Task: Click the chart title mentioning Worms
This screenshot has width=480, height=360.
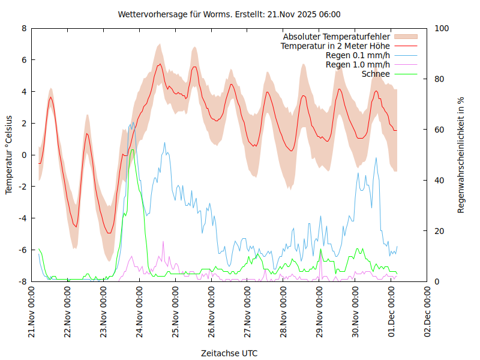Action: pyautogui.click(x=230, y=14)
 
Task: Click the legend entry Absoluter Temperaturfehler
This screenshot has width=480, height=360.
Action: pyautogui.click(x=336, y=37)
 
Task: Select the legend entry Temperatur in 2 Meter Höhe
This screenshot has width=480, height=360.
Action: pyautogui.click(x=335, y=46)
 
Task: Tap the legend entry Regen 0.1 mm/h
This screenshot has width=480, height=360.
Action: pyautogui.click(x=358, y=55)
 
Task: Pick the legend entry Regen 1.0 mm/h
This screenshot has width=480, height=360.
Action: pyautogui.click(x=358, y=64)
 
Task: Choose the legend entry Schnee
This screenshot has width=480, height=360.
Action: pyautogui.click(x=376, y=74)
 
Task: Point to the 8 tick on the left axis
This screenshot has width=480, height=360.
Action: pyautogui.click(x=24, y=28)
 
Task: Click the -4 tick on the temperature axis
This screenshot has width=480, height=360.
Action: pyautogui.click(x=22, y=218)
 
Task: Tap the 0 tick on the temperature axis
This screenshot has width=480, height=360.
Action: pyautogui.click(x=24, y=155)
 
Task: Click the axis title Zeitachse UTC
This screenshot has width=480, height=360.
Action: pyautogui.click(x=229, y=353)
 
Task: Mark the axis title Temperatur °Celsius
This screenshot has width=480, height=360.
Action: pyautogui.click(x=9, y=154)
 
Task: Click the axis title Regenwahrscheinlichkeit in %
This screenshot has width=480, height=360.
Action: pyautogui.click(x=461, y=154)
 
